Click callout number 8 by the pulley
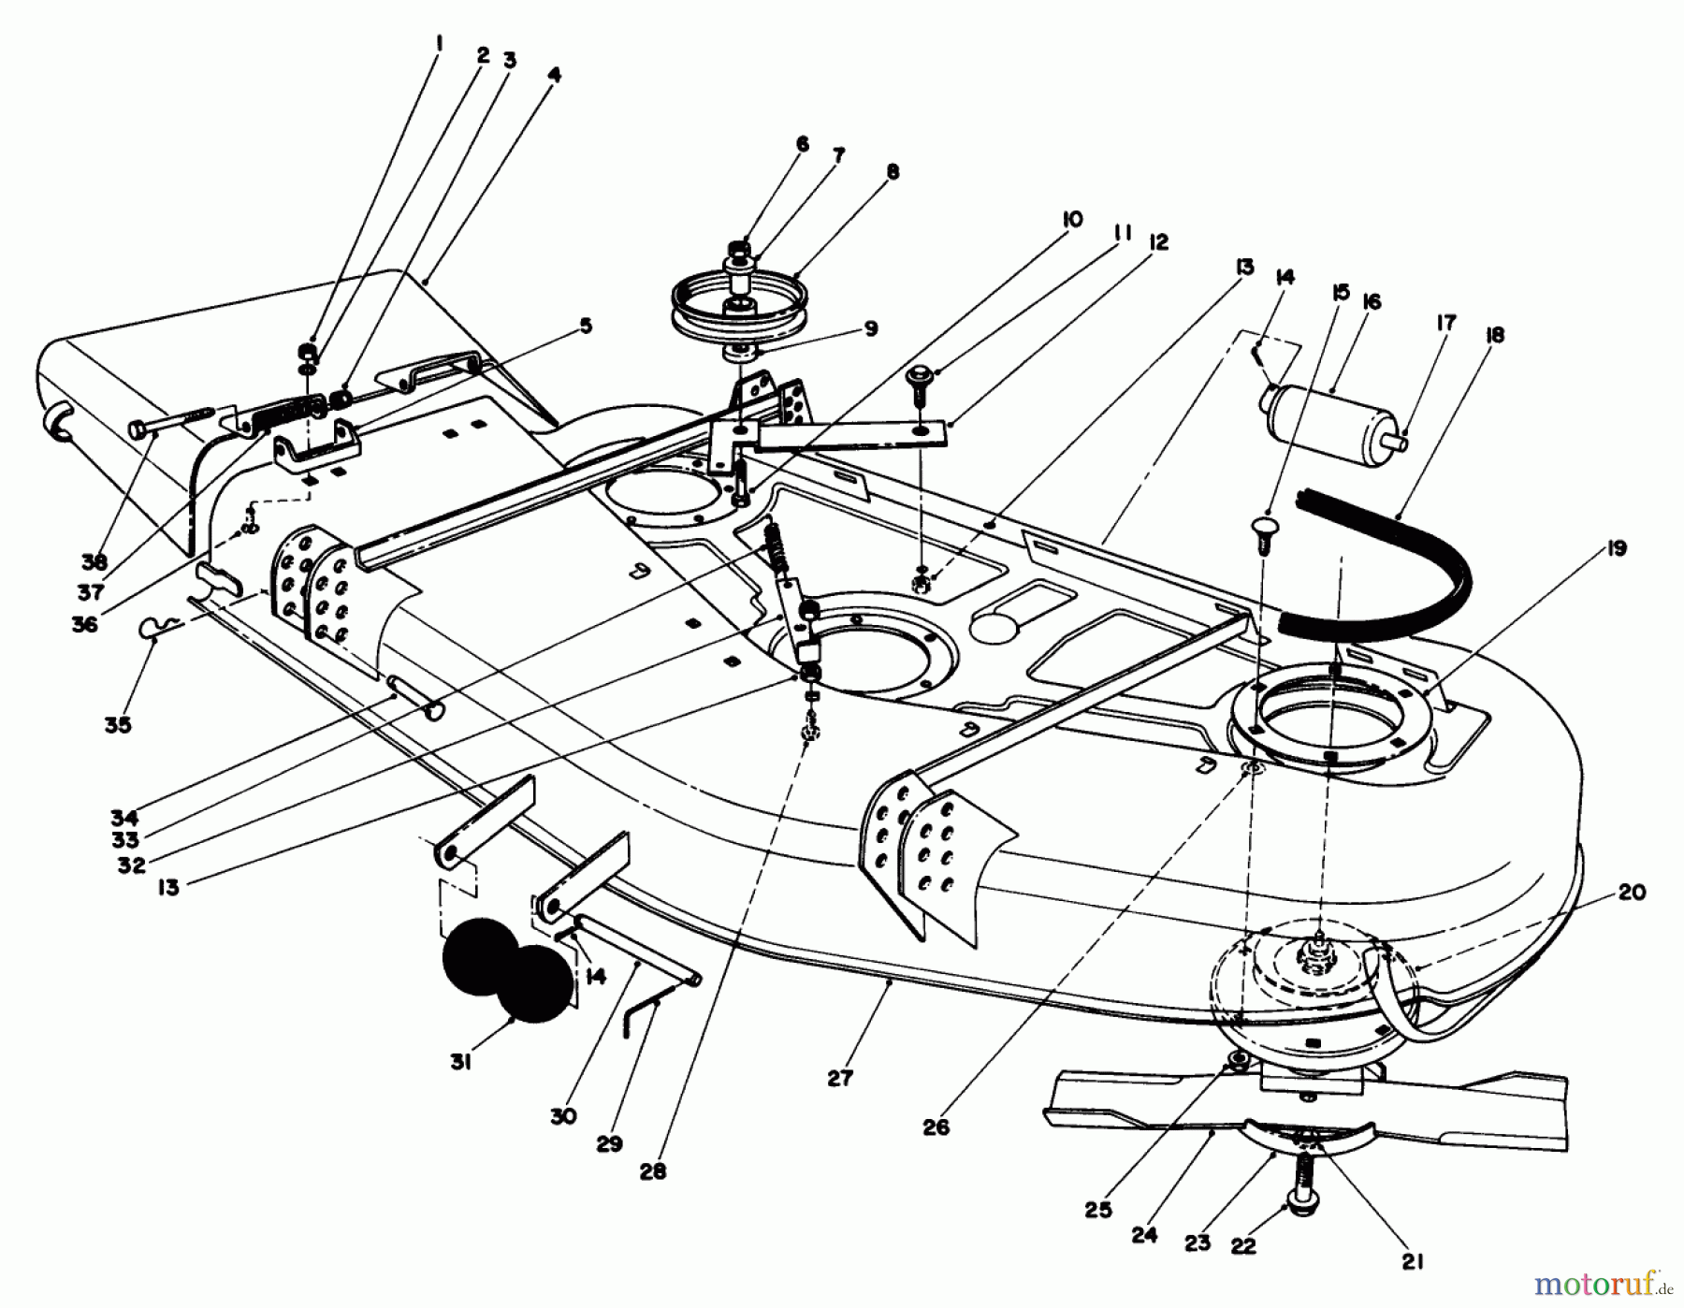pyautogui.click(x=892, y=172)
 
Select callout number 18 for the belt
pyautogui.click(x=1494, y=334)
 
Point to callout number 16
pyautogui.click(x=1372, y=302)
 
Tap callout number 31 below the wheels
pyautogui.click(x=459, y=1063)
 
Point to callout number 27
pyautogui.click(x=839, y=1078)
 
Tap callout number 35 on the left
pyautogui.click(x=118, y=724)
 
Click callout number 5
pyautogui.click(x=585, y=326)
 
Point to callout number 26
pyautogui.click(x=936, y=1127)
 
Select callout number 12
pyautogui.click(x=1158, y=242)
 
